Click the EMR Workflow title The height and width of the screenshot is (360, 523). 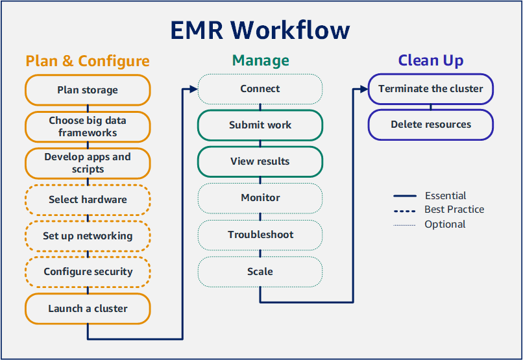click(x=260, y=30)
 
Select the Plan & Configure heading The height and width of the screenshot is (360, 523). click(x=88, y=61)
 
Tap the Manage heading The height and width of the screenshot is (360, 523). click(x=260, y=61)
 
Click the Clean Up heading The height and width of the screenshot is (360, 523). click(x=430, y=61)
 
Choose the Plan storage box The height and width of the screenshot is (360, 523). click(x=88, y=90)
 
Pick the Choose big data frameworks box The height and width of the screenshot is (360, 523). click(x=88, y=126)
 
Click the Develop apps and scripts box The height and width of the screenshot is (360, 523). click(x=88, y=163)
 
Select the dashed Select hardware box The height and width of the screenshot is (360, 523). click(x=88, y=200)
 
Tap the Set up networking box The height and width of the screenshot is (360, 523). click(x=88, y=236)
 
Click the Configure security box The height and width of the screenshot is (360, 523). click(x=88, y=272)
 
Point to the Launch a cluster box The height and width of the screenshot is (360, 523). click(x=88, y=309)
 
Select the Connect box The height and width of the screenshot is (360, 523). click(x=260, y=89)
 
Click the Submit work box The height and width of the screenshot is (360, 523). click(x=260, y=125)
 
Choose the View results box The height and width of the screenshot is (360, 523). click(x=260, y=162)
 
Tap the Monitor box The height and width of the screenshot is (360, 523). click(x=260, y=198)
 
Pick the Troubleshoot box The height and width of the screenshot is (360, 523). click(x=260, y=235)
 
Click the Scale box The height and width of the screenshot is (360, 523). click(x=260, y=272)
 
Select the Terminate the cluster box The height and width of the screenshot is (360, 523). click(x=431, y=89)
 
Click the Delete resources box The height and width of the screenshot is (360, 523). click(x=431, y=125)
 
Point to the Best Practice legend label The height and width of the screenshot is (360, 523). click(x=454, y=210)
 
